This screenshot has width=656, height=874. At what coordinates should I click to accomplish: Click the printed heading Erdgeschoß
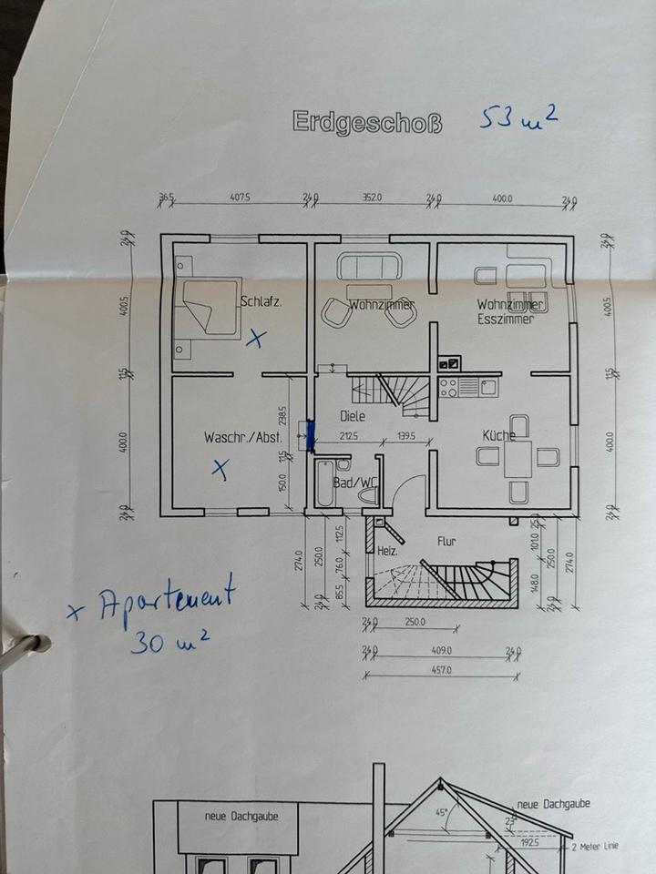coord(367,122)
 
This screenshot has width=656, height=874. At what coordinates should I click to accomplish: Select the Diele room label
coord(353,416)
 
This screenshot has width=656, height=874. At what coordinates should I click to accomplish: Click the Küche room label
coord(499,435)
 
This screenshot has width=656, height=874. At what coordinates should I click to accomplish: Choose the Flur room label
coord(446,541)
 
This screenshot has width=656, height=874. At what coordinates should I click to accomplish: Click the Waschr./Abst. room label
coord(242,438)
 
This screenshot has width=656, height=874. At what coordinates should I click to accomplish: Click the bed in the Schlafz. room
coord(208,310)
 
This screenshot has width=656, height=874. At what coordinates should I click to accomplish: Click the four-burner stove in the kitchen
coord(448,387)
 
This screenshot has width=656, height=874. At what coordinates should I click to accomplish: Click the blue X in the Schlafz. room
coord(258,340)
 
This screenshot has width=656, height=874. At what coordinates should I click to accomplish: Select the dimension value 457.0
coord(442,670)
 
